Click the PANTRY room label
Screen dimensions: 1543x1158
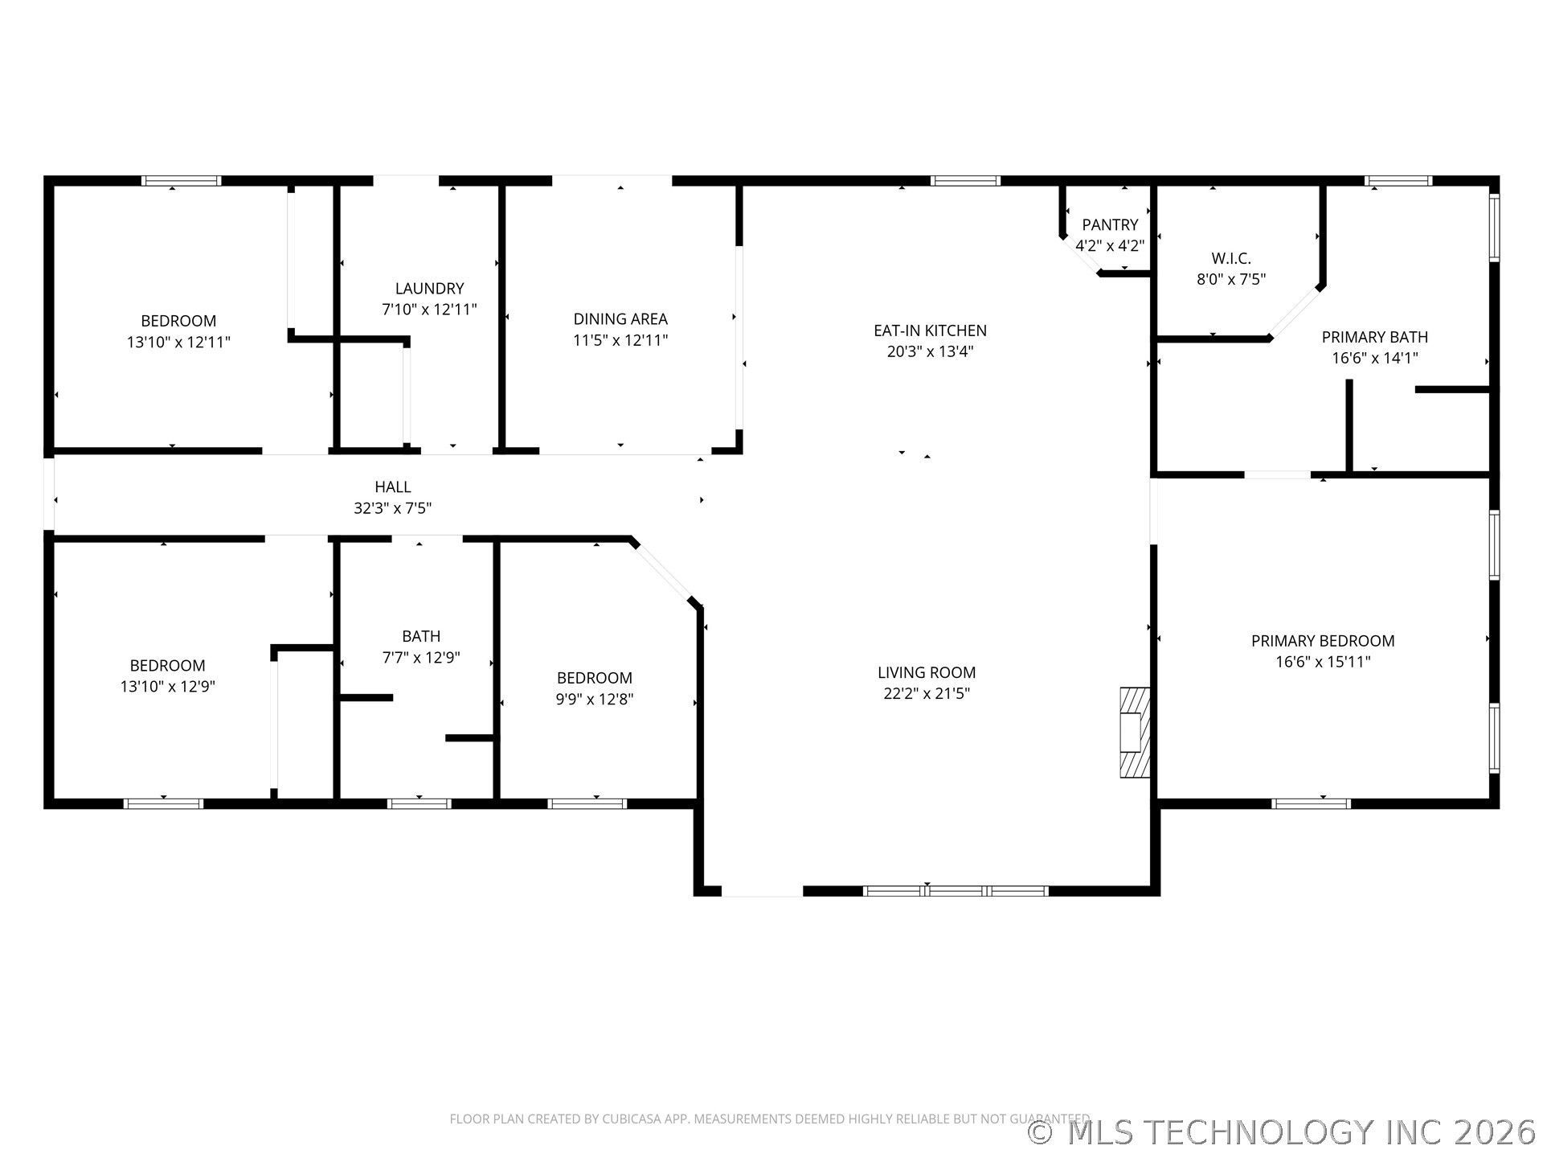1110,225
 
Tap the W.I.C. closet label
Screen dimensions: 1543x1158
1231,259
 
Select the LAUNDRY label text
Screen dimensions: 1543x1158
429,289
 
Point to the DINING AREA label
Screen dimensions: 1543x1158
620,319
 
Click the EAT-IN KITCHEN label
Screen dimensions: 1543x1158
930,331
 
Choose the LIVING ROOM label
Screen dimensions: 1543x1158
927,672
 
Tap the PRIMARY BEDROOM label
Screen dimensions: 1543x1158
1323,641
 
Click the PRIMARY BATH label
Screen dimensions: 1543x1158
1375,337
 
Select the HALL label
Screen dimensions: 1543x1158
393,487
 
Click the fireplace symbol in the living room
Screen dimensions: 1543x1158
1135,732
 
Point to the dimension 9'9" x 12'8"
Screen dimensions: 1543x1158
595,700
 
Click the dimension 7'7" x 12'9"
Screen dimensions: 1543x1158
421,658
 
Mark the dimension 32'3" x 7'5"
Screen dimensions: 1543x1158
393,508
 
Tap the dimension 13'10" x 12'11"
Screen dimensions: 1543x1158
178,343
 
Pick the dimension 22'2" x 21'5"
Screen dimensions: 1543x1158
927,693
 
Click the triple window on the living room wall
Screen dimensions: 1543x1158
956,891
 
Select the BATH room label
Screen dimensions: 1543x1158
421,637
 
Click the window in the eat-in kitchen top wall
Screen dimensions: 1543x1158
966,181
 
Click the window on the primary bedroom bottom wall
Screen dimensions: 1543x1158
1312,803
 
